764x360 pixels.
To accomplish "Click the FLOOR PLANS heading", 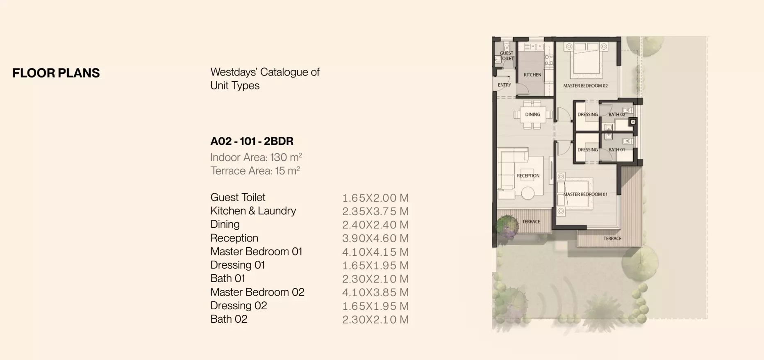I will coord(56,73).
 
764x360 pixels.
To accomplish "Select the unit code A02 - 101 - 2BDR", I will coord(252,141).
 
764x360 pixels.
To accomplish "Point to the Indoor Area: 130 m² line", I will coord(256,157).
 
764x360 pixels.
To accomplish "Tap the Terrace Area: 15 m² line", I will coord(255,171).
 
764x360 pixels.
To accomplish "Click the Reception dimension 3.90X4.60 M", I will coord(375,238).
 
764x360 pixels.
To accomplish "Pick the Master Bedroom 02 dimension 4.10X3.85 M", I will coord(375,292).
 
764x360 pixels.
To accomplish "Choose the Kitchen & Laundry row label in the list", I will coord(253,211).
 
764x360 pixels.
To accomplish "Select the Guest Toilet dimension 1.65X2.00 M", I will coord(375,198).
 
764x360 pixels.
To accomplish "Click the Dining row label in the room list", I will coord(225,224).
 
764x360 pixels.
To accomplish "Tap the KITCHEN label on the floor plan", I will coord(532,75).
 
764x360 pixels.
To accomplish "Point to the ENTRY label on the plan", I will coord(504,85).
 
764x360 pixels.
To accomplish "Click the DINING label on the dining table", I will coord(532,114).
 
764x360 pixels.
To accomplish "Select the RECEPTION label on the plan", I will coord(528,175).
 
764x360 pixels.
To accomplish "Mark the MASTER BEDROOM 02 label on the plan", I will coord(585,86).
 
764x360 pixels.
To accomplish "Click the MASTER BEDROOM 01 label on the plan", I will coord(585,194).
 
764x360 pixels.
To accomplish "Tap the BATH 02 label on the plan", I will coord(616,114).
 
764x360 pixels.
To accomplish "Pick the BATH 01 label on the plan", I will coord(616,150).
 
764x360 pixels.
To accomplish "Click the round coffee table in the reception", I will coord(528,193).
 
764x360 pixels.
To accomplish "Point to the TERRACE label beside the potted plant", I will coord(531,221).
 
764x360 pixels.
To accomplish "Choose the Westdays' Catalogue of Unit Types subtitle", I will coord(265,79).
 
